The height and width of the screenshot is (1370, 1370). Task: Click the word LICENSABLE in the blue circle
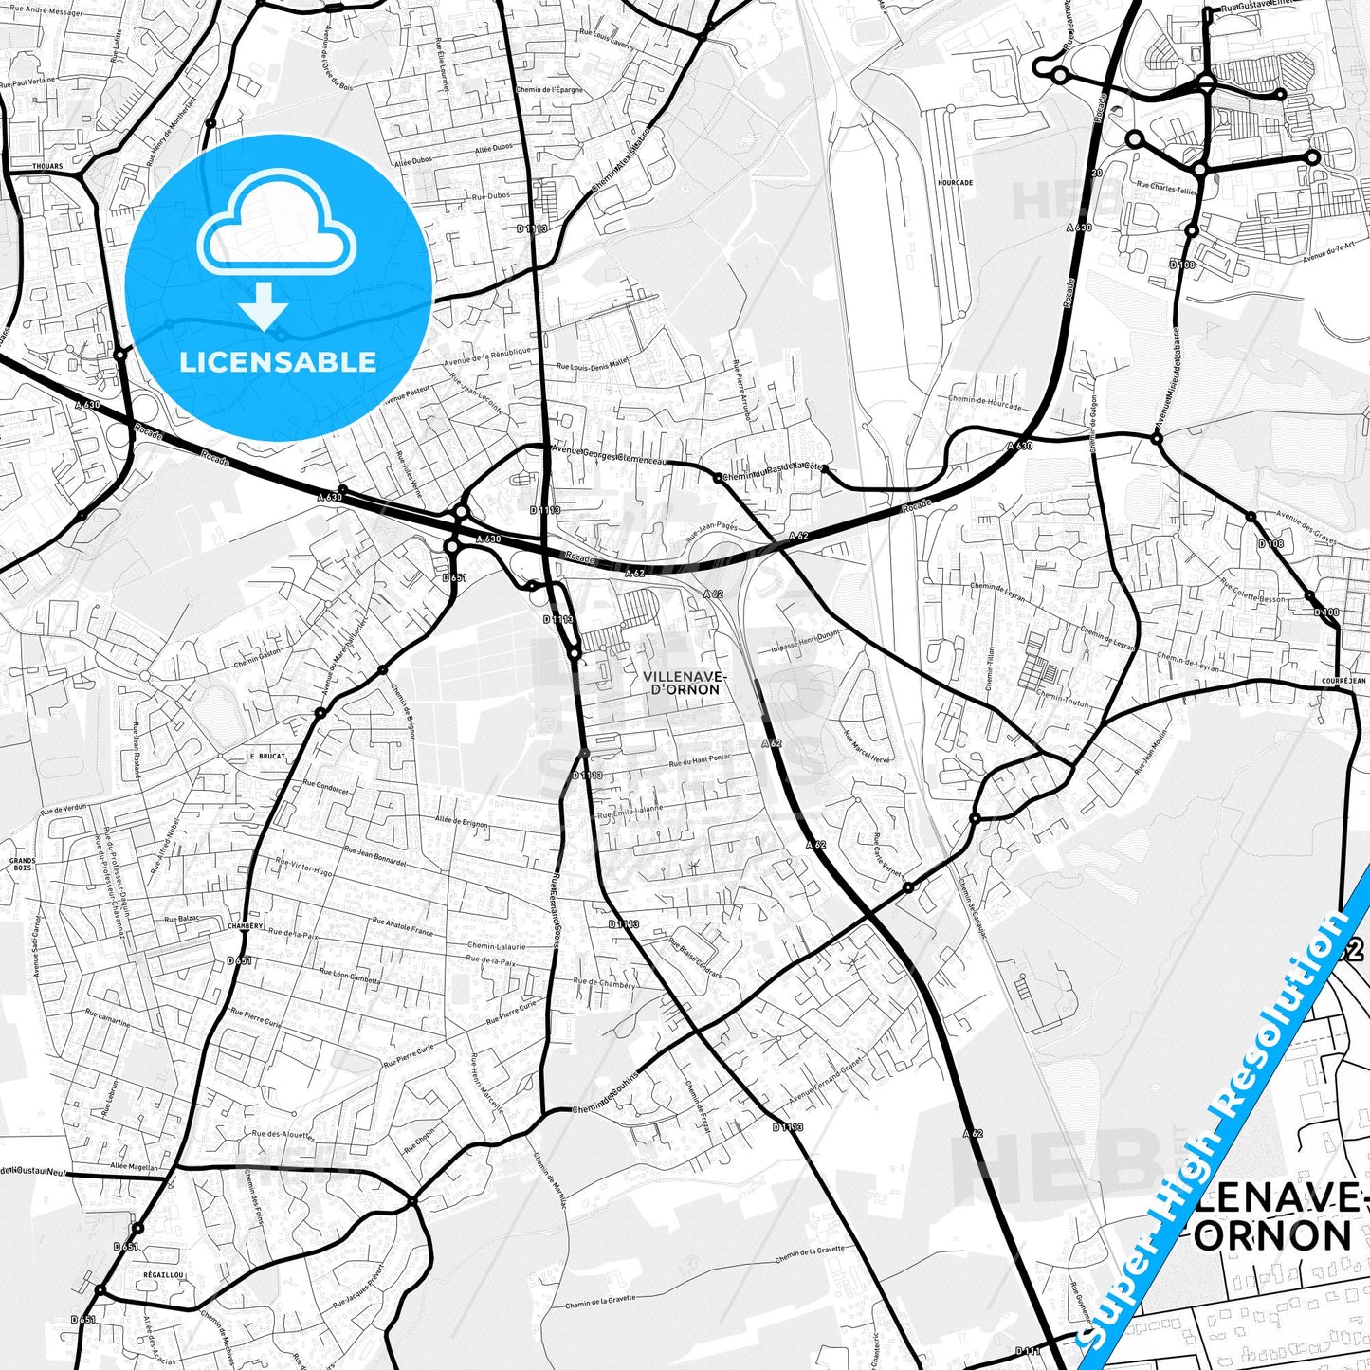click(278, 361)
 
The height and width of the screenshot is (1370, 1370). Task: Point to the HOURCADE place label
click(955, 182)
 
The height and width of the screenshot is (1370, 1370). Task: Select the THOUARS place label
click(47, 166)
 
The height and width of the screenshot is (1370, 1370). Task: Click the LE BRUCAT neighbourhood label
click(265, 757)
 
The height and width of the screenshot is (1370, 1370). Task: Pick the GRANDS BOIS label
click(22, 865)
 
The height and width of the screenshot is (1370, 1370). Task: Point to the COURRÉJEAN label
click(1344, 681)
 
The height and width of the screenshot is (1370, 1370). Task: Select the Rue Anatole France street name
click(402, 926)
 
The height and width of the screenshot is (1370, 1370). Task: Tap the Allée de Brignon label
click(461, 822)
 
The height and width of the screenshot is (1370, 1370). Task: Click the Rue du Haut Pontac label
click(702, 762)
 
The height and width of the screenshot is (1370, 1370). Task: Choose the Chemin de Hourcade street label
click(985, 403)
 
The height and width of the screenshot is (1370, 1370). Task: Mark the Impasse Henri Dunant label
click(806, 642)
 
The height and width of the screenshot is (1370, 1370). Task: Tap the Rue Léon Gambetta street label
click(349, 976)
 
